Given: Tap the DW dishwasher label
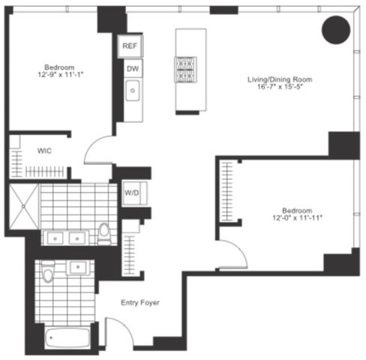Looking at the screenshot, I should coord(133,70).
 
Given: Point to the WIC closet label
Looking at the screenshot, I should coord(43,150).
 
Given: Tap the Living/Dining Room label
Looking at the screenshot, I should coord(280,79).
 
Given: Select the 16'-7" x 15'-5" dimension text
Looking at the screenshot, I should coord(280,88).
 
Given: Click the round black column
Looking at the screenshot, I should coord(335,31).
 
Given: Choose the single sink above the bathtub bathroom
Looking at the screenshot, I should coord(77,266).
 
